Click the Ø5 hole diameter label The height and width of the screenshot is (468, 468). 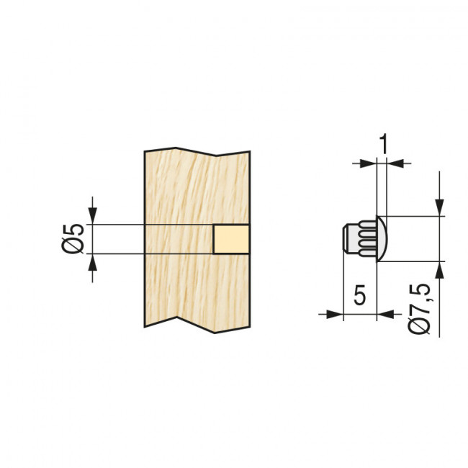pos(73,238)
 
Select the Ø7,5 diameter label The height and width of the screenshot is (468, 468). pos(421,307)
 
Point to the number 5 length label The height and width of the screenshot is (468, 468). pos(360,295)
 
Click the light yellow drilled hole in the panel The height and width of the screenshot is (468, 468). pos(231,238)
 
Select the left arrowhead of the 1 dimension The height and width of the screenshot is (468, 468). pos(370,163)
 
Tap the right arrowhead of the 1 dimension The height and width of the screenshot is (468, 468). pos(393,163)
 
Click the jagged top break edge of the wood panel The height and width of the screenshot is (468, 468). pos(198,151)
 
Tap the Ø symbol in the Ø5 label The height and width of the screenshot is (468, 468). pos(73,247)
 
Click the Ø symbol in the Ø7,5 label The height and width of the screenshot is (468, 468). pos(421,325)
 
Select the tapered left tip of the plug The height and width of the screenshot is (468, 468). pos(343,238)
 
